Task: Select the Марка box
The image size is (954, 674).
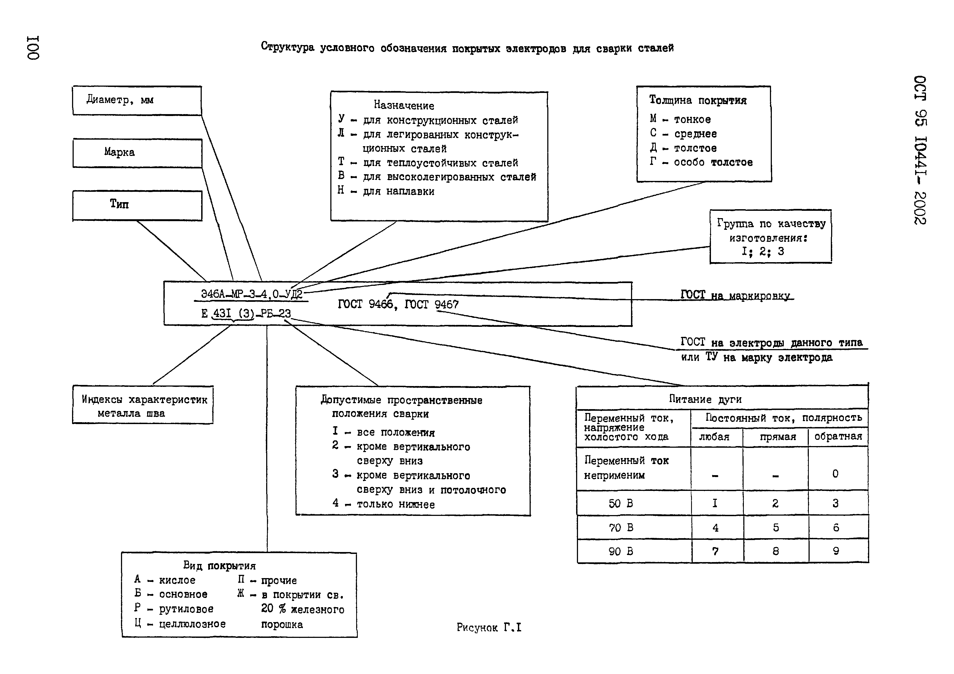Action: (x=137, y=153)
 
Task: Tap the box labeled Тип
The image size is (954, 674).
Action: (x=137, y=205)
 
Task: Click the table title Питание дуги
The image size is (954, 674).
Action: (x=705, y=399)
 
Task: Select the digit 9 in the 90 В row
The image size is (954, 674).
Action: (x=836, y=551)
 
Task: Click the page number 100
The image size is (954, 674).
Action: (x=33, y=48)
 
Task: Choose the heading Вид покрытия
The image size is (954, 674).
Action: (x=219, y=566)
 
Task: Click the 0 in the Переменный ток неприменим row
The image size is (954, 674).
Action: (x=835, y=474)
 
